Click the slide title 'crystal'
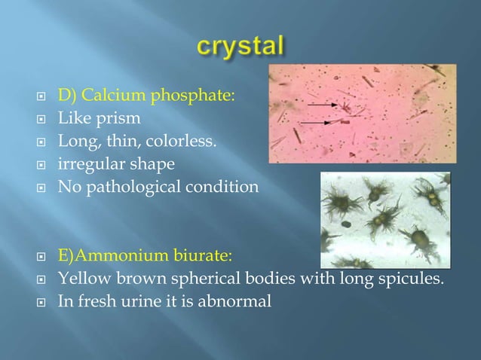240,47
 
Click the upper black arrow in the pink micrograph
322,105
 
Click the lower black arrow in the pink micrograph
317,121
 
